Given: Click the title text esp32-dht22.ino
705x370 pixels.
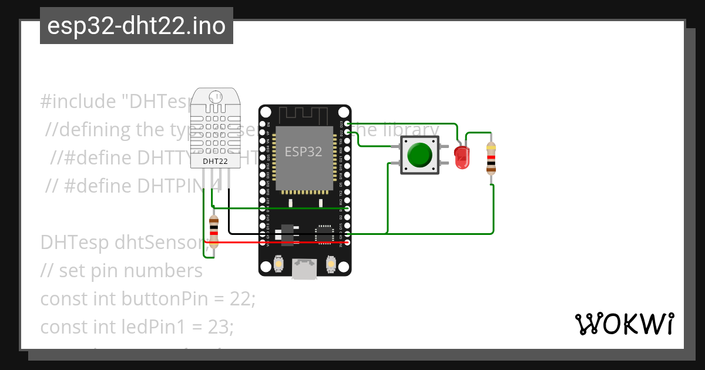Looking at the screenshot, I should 136,26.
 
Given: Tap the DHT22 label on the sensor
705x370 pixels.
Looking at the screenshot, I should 215,160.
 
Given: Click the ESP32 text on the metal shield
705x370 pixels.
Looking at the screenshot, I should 303,151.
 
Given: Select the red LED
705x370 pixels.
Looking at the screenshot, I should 462,156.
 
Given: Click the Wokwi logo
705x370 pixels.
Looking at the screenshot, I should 624,324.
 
